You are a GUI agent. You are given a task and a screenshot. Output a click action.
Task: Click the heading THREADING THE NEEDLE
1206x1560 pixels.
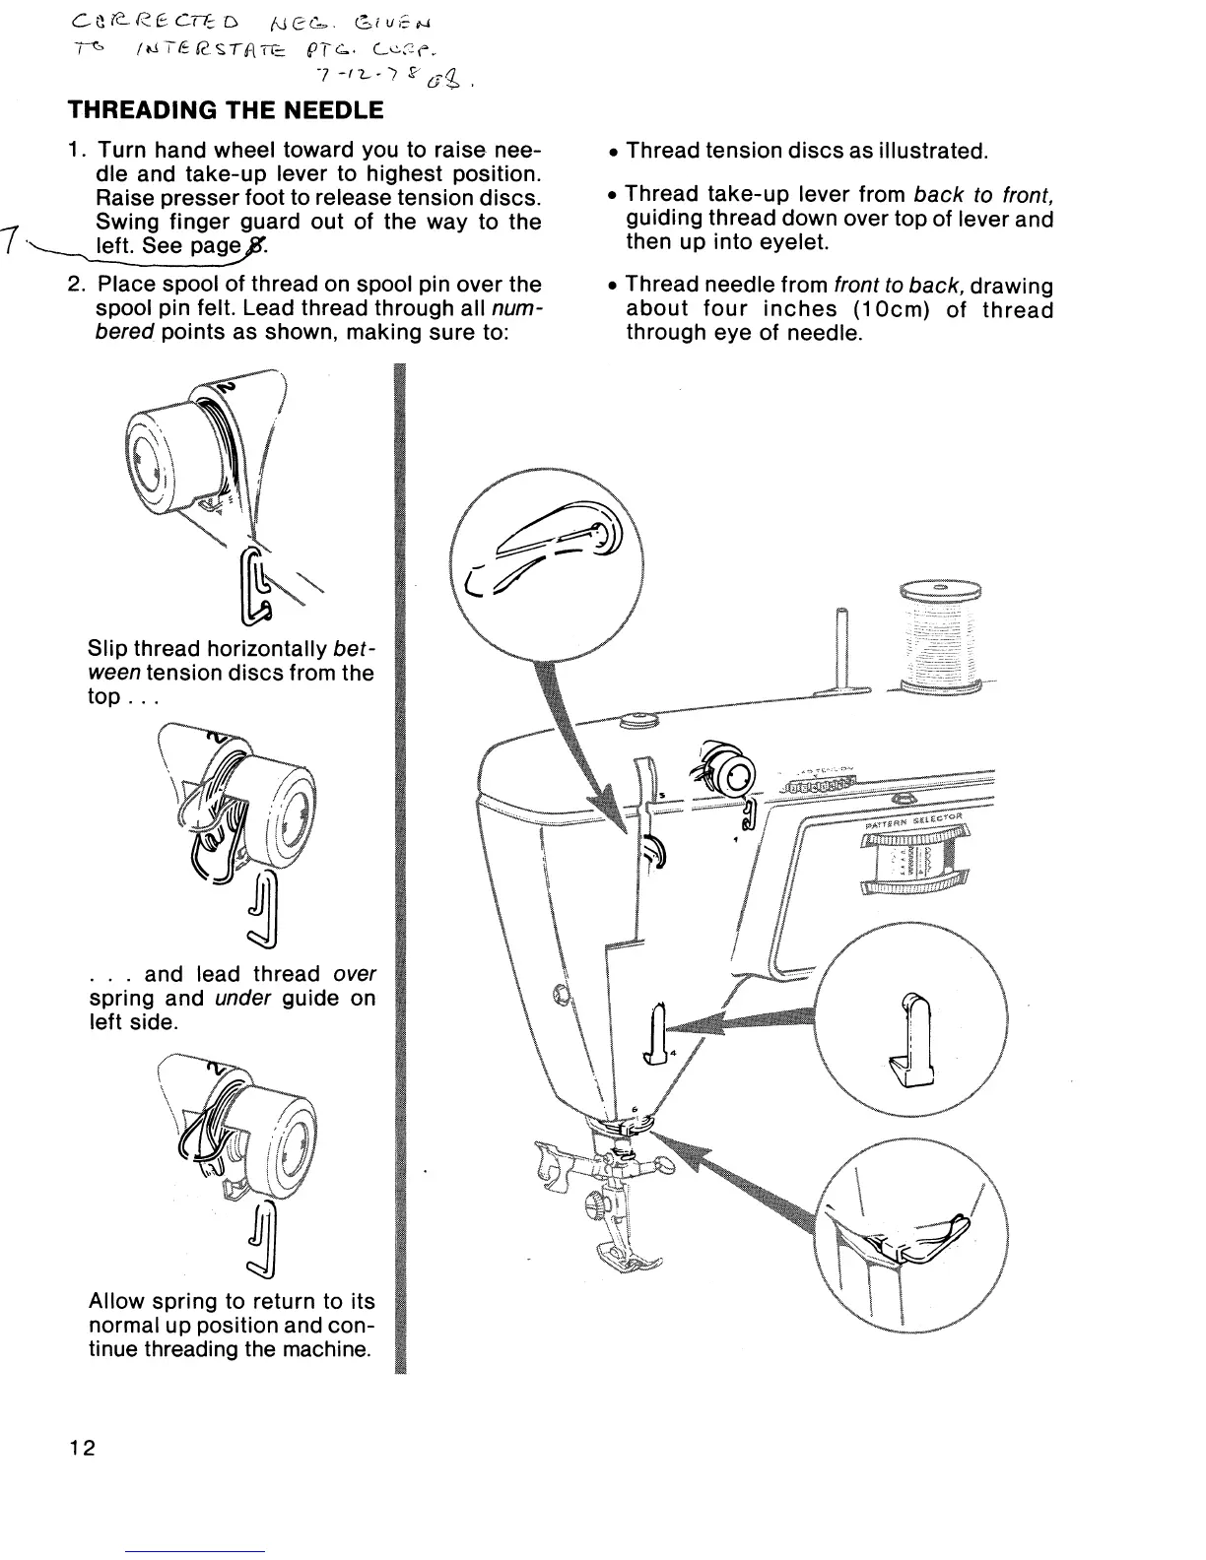tap(225, 110)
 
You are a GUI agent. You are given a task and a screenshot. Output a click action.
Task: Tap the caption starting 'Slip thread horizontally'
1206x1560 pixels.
tap(231, 674)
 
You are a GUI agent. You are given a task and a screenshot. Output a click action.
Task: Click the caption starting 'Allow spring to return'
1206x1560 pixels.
tap(232, 1326)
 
